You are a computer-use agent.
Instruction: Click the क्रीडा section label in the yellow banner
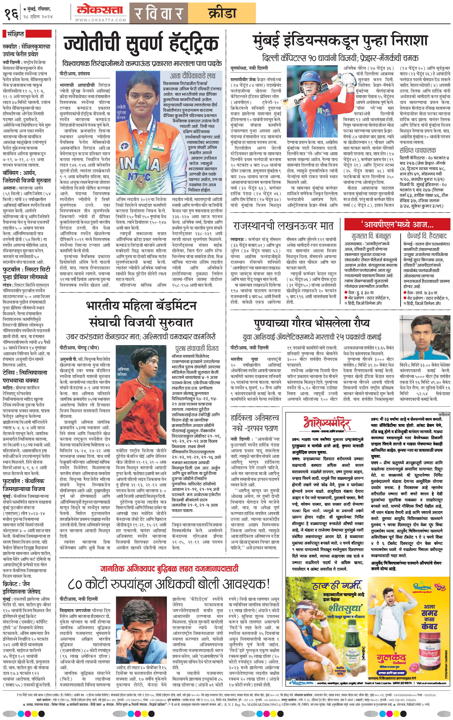(x=222, y=13)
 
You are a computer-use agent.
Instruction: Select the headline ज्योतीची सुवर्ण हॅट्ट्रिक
(x=141, y=44)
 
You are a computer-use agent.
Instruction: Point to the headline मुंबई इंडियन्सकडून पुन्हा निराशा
(x=340, y=41)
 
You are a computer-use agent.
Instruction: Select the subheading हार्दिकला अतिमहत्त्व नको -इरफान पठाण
(x=255, y=423)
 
